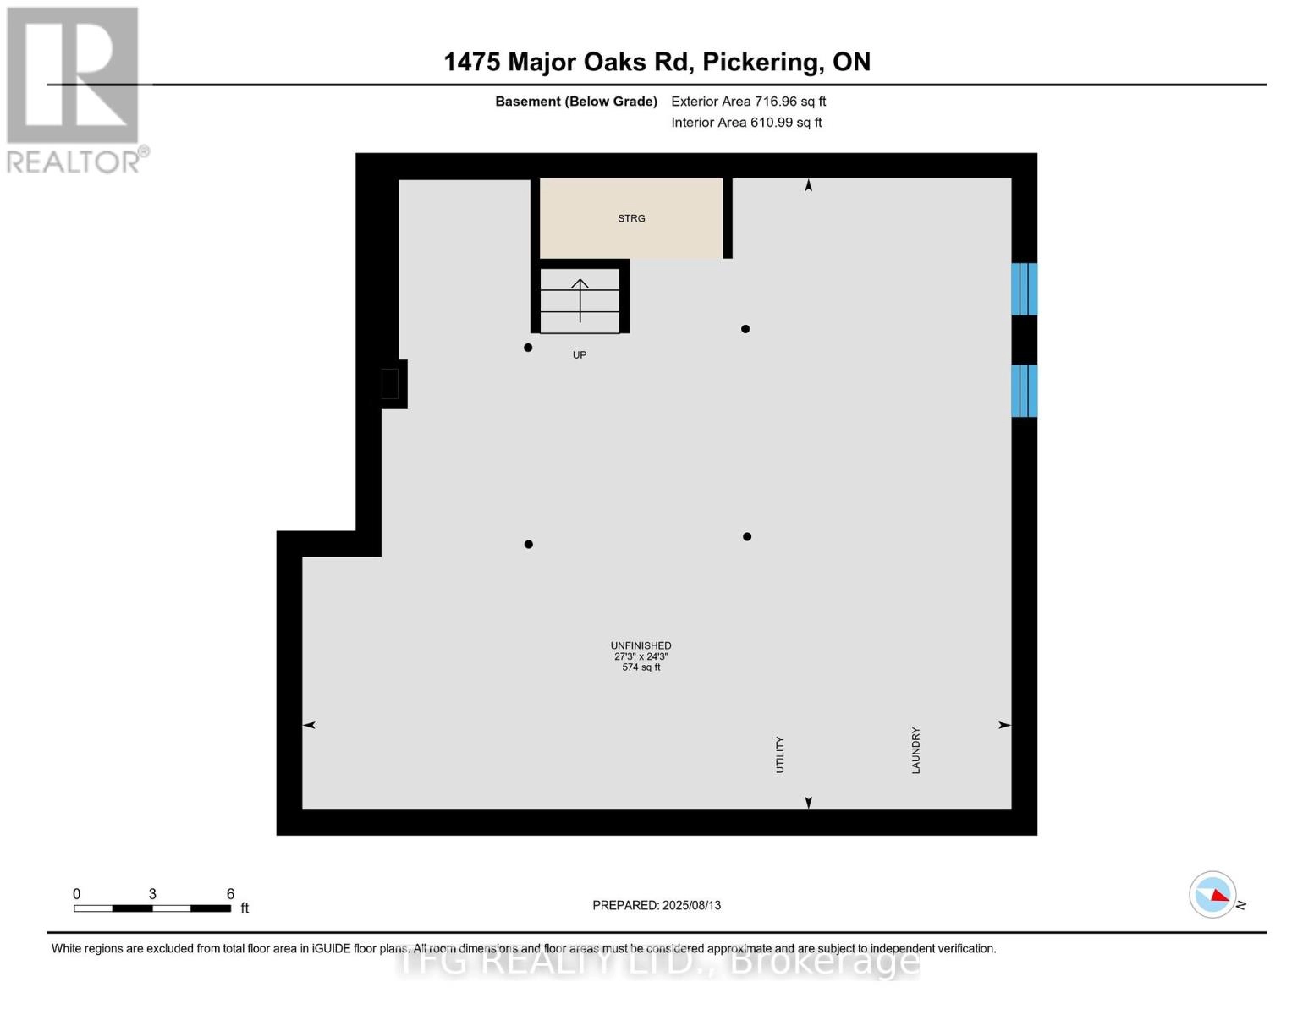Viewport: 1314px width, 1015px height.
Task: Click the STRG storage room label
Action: tap(630, 218)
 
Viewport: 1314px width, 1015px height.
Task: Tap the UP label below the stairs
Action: tap(580, 355)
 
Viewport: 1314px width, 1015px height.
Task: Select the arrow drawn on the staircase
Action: tap(580, 300)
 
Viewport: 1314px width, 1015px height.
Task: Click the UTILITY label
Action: tap(779, 754)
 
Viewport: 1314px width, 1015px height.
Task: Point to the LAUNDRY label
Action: tap(915, 750)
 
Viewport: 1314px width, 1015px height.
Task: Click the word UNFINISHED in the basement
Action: tap(641, 645)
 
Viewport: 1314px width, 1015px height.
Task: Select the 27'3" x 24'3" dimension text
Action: tap(641, 656)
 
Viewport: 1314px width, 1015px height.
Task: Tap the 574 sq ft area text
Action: tap(641, 667)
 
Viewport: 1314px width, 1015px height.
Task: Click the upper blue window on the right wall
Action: tap(1025, 289)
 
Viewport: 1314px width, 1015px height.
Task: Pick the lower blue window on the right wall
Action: tap(1025, 391)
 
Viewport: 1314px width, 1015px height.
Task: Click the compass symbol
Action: tap(1212, 895)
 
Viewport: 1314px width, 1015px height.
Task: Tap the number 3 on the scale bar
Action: tap(152, 893)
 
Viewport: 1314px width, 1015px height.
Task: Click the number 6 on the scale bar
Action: tap(230, 893)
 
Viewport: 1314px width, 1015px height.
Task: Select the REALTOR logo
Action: tap(76, 91)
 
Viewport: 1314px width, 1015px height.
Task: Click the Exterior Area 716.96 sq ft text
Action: tap(748, 101)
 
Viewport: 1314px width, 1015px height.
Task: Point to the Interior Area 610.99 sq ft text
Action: tap(746, 123)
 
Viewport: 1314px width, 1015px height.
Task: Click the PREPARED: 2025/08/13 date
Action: tap(657, 905)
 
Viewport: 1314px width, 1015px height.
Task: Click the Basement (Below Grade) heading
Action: tap(575, 101)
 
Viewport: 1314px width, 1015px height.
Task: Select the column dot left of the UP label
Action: tap(528, 348)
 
